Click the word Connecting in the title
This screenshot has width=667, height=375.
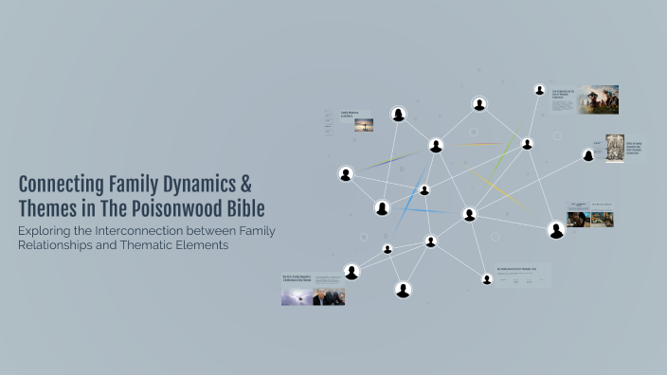point(58,184)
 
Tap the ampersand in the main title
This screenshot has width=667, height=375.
point(244,184)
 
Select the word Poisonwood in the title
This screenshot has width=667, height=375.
point(182,207)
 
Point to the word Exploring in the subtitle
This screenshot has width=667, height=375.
point(49,232)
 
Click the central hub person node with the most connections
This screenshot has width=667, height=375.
point(469,215)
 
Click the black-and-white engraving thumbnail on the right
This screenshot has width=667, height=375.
point(615,149)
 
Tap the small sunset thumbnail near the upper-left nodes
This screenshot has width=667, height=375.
point(364,124)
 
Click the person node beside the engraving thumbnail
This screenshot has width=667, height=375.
point(588,154)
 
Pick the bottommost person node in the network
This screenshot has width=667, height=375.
point(403,290)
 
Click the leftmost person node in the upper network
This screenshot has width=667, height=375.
point(346,174)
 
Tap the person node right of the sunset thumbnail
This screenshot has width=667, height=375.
point(399,116)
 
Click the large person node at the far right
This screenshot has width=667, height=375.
point(556,230)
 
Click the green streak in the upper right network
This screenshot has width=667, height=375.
point(510,148)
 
